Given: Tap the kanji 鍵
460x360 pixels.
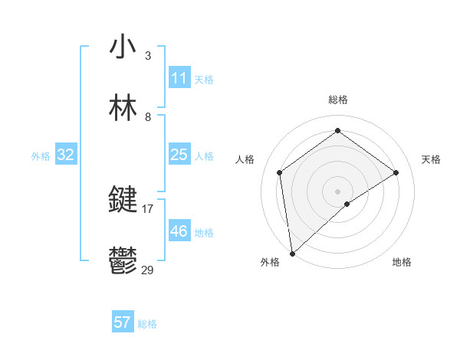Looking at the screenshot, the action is pyautogui.click(x=123, y=200).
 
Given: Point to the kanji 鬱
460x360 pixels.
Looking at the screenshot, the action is pyautogui.click(x=123, y=261).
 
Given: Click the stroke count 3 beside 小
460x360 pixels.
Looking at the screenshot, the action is pyautogui.click(x=148, y=56).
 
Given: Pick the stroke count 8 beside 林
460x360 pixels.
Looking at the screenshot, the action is pyautogui.click(x=148, y=117).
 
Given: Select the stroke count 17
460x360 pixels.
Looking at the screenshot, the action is pyautogui.click(x=148, y=208).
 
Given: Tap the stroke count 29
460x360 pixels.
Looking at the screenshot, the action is pyautogui.click(x=148, y=270).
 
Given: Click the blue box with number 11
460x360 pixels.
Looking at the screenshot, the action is pyautogui.click(x=179, y=78).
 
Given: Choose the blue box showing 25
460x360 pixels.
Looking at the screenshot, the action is pyautogui.click(x=179, y=155).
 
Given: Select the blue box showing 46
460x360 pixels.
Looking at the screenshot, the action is pyautogui.click(x=179, y=231).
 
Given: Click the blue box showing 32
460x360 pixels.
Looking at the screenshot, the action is pyautogui.click(x=66, y=155).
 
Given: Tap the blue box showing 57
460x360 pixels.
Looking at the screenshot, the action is pyautogui.click(x=123, y=322).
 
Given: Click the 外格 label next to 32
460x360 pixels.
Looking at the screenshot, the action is pyautogui.click(x=41, y=156).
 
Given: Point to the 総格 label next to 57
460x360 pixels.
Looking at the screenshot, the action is pyautogui.click(x=147, y=324).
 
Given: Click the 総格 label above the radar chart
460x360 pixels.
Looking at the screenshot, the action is pyautogui.click(x=338, y=100).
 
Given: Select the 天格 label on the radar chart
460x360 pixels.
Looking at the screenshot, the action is pyautogui.click(x=432, y=159).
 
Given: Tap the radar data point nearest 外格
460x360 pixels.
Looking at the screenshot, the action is pyautogui.click(x=292, y=253).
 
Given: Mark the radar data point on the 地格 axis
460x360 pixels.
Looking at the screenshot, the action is pyautogui.click(x=347, y=204).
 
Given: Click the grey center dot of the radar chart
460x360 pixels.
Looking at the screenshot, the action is pyautogui.click(x=338, y=190).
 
